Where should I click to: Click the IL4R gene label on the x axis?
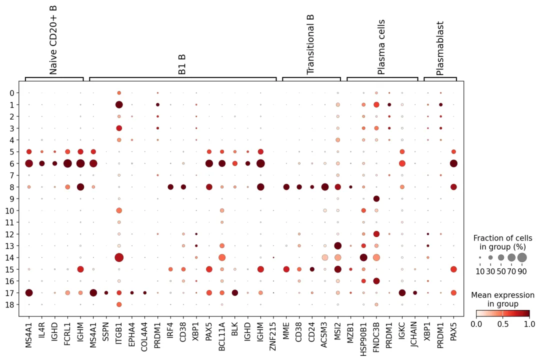[42, 334]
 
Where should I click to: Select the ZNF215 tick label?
[273, 337]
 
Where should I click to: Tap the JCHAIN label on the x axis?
[414, 337]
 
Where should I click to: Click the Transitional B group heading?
[310, 45]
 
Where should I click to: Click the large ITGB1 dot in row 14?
[119, 257]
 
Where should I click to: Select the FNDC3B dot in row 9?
[376, 198]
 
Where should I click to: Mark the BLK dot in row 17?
[234, 292]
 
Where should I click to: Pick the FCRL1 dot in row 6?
[67, 163]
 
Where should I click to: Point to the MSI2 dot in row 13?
[337, 245]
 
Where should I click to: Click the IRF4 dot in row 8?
[170, 187]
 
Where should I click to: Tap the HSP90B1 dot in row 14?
[363, 257]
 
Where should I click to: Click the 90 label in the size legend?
[522, 271]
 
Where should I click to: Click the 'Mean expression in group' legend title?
[502, 299]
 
